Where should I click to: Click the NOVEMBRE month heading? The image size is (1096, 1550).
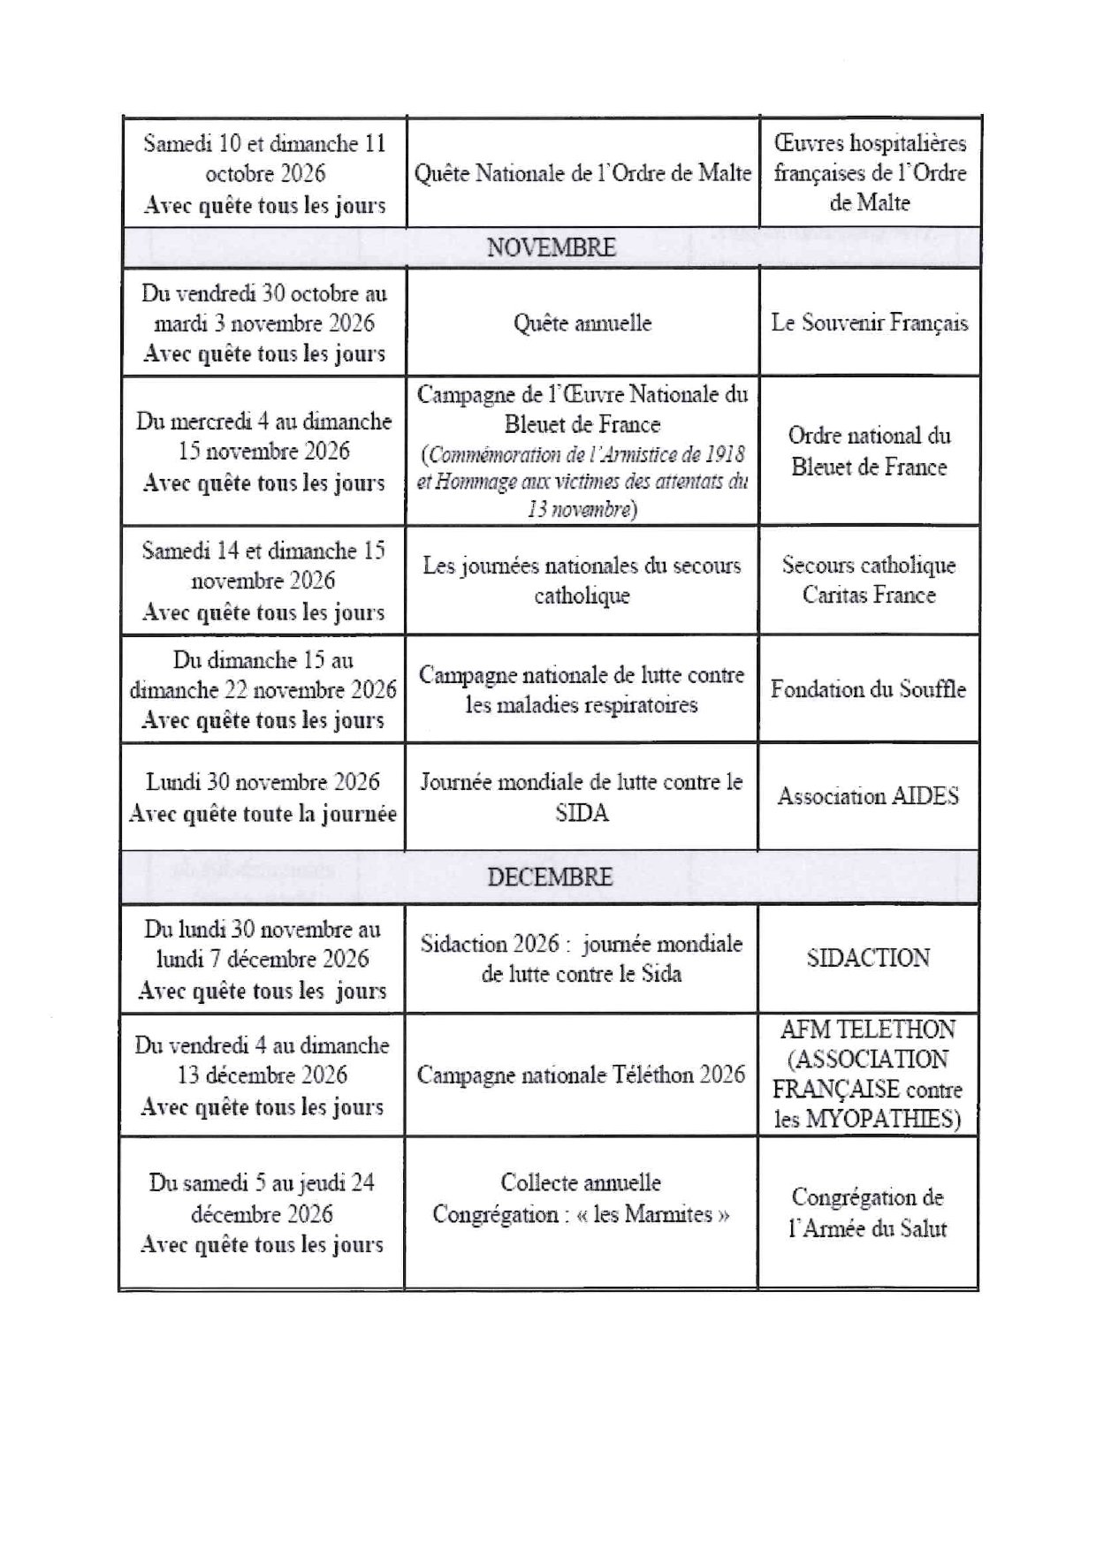click(551, 247)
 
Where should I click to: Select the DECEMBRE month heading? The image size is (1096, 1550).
click(549, 877)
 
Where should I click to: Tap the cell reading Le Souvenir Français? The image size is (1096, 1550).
click(869, 323)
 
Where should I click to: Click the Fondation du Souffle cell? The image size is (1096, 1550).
click(868, 689)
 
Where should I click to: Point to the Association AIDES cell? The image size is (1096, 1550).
click(868, 796)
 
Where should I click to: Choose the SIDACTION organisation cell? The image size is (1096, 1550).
click(868, 958)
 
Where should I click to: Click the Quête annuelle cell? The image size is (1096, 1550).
click(582, 323)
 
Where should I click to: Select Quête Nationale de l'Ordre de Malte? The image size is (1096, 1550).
click(582, 172)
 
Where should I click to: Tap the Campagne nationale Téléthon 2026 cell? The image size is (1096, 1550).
click(581, 1075)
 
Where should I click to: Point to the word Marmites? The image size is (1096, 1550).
click(668, 1214)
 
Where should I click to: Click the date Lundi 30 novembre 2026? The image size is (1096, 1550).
click(263, 782)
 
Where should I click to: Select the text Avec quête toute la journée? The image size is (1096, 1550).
click(263, 814)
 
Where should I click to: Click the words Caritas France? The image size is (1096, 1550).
click(869, 595)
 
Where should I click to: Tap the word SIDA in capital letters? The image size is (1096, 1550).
click(582, 812)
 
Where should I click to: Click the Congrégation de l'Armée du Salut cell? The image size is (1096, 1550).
click(868, 1212)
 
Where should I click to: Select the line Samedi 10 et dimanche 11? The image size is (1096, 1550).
click(264, 143)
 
